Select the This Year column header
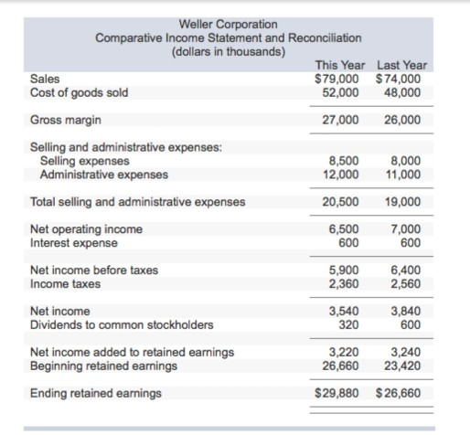(339, 65)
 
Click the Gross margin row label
(66, 120)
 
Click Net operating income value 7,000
(405, 229)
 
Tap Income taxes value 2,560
(405, 284)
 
